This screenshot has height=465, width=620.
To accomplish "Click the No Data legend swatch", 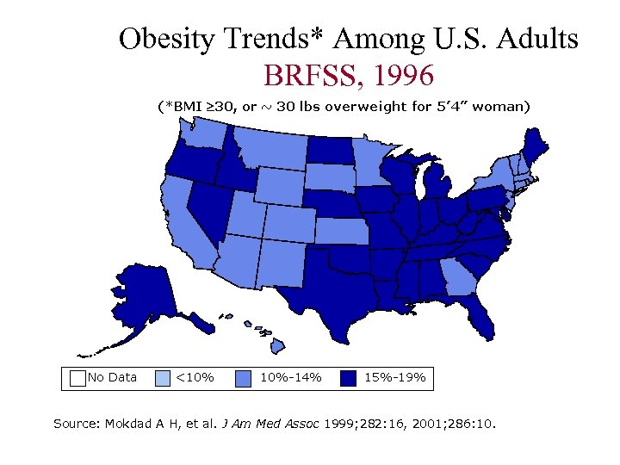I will click(77, 377).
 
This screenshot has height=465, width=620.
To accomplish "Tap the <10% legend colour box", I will click(163, 377).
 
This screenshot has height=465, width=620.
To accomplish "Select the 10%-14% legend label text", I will click(290, 377).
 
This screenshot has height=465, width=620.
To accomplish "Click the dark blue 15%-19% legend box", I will click(348, 377).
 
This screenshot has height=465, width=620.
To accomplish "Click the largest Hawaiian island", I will click(279, 347).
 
